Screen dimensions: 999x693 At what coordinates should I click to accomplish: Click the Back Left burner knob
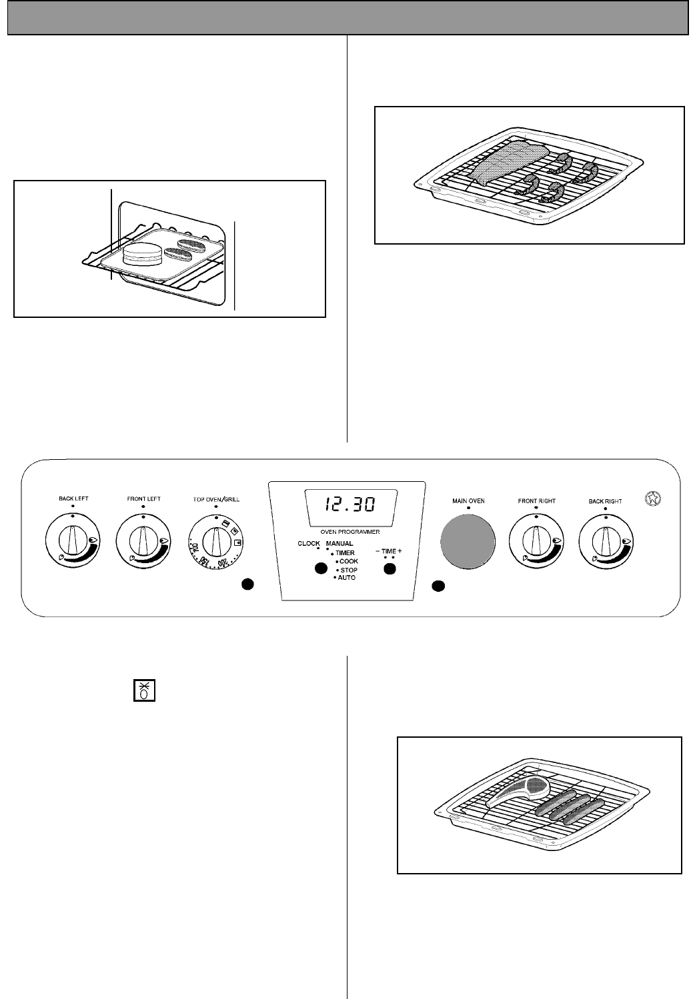click(72, 541)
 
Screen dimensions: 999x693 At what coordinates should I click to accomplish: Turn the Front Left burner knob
click(143, 541)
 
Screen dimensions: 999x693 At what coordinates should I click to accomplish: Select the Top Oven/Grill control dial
click(215, 541)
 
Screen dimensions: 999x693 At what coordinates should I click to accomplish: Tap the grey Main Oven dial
click(468, 541)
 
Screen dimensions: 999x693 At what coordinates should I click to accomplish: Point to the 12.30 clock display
click(345, 504)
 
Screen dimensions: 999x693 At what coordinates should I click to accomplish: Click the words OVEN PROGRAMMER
click(346, 532)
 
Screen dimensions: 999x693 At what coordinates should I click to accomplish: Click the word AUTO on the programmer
click(347, 578)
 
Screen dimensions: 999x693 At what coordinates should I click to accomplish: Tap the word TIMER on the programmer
click(345, 552)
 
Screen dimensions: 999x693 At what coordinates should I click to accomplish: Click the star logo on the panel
click(653, 498)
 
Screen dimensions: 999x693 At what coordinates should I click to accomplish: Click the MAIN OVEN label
click(468, 500)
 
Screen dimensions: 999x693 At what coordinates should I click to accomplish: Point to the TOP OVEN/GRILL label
click(215, 499)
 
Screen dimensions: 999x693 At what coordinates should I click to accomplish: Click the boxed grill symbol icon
click(139, 690)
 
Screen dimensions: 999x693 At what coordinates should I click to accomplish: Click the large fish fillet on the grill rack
click(510, 162)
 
